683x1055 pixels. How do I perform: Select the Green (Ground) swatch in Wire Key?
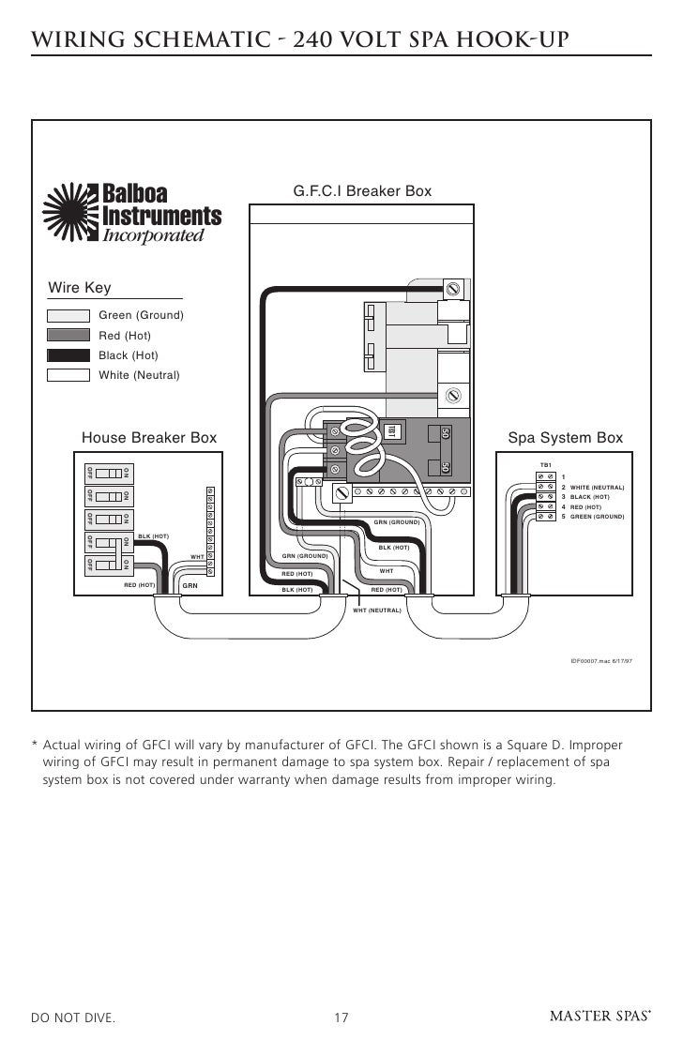pyautogui.click(x=68, y=314)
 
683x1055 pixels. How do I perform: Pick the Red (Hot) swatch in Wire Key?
pyautogui.click(x=68, y=335)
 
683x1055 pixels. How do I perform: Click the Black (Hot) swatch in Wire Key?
pyautogui.click(x=68, y=355)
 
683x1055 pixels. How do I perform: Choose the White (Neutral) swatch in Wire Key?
pyautogui.click(x=68, y=375)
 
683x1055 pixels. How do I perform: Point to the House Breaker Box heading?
pyautogui.click(x=149, y=438)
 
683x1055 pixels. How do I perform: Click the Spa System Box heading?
pyautogui.click(x=565, y=438)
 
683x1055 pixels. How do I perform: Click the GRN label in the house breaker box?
pyautogui.click(x=190, y=585)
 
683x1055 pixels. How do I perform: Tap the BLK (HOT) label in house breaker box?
pyautogui.click(x=153, y=536)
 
